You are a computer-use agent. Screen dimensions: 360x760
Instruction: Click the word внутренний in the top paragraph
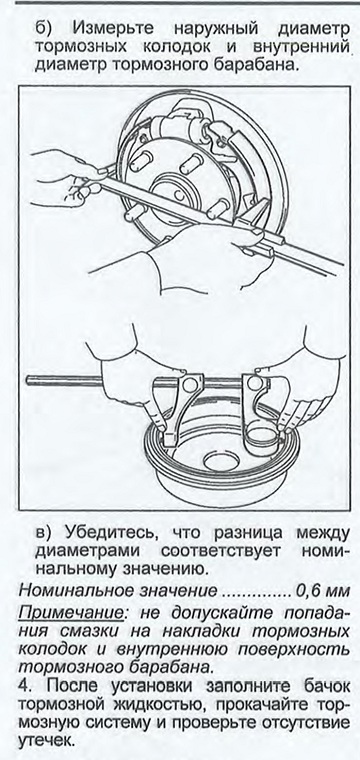tap(301, 47)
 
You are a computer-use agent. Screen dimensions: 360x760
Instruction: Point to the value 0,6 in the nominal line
tap(309, 592)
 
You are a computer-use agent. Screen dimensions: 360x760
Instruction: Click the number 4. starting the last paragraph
tap(25, 687)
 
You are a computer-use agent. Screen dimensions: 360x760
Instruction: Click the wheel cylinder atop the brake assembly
tap(179, 128)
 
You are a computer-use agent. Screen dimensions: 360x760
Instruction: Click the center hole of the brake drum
tap(222, 459)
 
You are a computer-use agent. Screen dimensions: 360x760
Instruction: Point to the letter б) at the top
tap(45, 29)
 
